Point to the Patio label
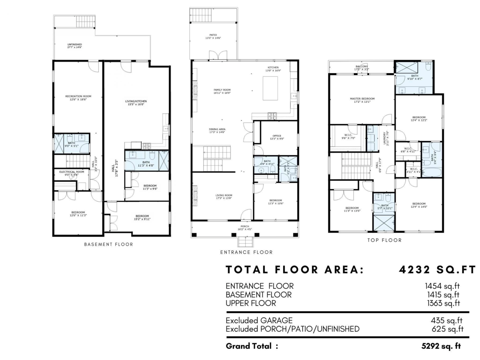[213, 35]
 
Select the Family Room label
[222, 90]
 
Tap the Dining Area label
[217, 129]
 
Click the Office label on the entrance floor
[277, 136]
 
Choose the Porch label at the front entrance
[245, 226]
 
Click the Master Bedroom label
[362, 98]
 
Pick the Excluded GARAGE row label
[259, 320]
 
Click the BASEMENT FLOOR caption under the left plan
[108, 244]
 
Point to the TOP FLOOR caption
[384, 240]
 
